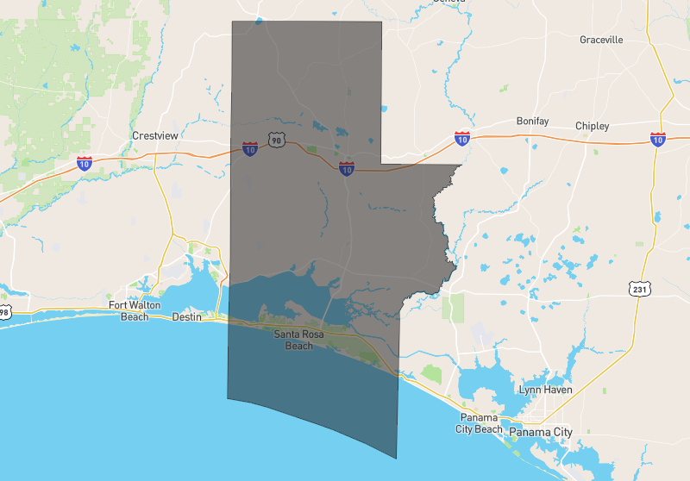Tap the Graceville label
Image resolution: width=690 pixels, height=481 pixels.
(x=601, y=41)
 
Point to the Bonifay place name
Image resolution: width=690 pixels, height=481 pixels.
(x=532, y=122)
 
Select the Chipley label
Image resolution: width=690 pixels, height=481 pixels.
(x=592, y=126)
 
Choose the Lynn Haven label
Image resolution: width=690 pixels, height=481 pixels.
(x=545, y=390)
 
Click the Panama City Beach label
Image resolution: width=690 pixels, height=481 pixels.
(x=479, y=423)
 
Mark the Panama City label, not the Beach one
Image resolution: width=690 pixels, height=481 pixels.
(x=541, y=432)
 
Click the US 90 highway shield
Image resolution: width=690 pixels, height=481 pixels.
(x=275, y=140)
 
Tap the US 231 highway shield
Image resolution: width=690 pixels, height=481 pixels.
(x=638, y=290)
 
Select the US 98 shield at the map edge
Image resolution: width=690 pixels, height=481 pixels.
(x=4, y=311)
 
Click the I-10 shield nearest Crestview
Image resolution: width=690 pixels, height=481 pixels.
(x=85, y=162)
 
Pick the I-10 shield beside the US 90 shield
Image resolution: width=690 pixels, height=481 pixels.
(x=250, y=149)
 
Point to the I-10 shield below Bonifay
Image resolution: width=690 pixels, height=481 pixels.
(x=462, y=138)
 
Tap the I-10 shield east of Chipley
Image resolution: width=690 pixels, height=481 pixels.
(x=657, y=138)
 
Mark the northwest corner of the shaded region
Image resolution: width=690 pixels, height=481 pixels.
(x=232, y=22)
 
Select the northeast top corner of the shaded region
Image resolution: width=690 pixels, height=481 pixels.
(x=381, y=22)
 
